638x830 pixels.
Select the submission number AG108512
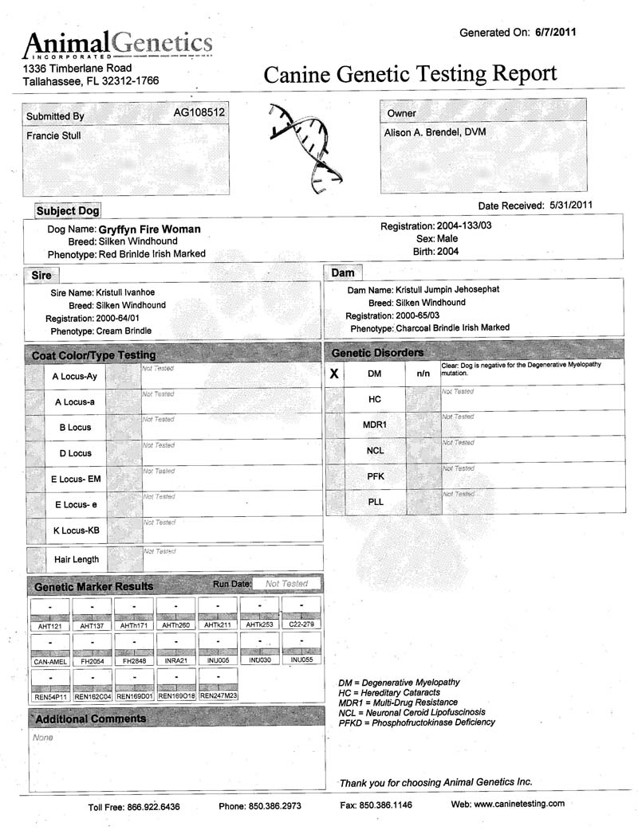[x=199, y=113]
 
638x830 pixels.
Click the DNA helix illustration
[x=303, y=147]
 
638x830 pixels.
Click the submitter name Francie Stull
[x=53, y=135]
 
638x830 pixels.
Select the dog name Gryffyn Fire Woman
[x=149, y=229]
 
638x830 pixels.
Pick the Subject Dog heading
[x=68, y=211]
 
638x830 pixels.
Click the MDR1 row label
[x=375, y=425]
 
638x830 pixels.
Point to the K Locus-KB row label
[x=76, y=530]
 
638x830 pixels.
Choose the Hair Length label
[x=77, y=559]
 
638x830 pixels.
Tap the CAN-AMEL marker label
[x=49, y=661]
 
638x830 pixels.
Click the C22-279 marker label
[x=301, y=626]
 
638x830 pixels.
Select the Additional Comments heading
[x=91, y=719]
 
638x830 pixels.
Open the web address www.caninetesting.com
[x=519, y=804]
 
